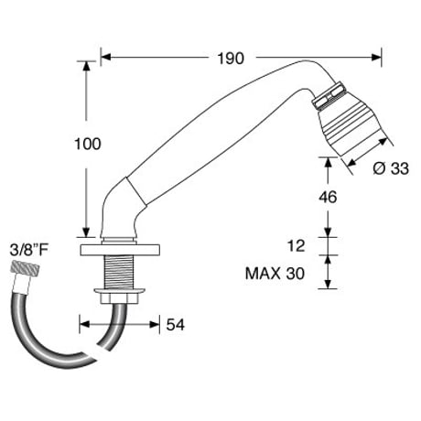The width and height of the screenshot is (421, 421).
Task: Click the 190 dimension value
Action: (231, 59)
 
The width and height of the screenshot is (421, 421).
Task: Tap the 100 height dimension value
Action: (88, 144)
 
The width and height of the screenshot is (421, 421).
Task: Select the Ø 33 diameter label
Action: (391, 168)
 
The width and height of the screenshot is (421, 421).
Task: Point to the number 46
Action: (328, 197)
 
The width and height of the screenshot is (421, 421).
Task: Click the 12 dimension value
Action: (296, 246)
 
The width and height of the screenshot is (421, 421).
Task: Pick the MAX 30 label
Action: (275, 274)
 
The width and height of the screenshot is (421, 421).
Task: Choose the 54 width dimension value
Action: (176, 325)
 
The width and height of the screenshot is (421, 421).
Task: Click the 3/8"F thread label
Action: (29, 251)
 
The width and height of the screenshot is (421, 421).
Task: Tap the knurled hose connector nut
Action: (26, 267)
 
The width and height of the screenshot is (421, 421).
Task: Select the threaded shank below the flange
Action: (119, 272)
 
